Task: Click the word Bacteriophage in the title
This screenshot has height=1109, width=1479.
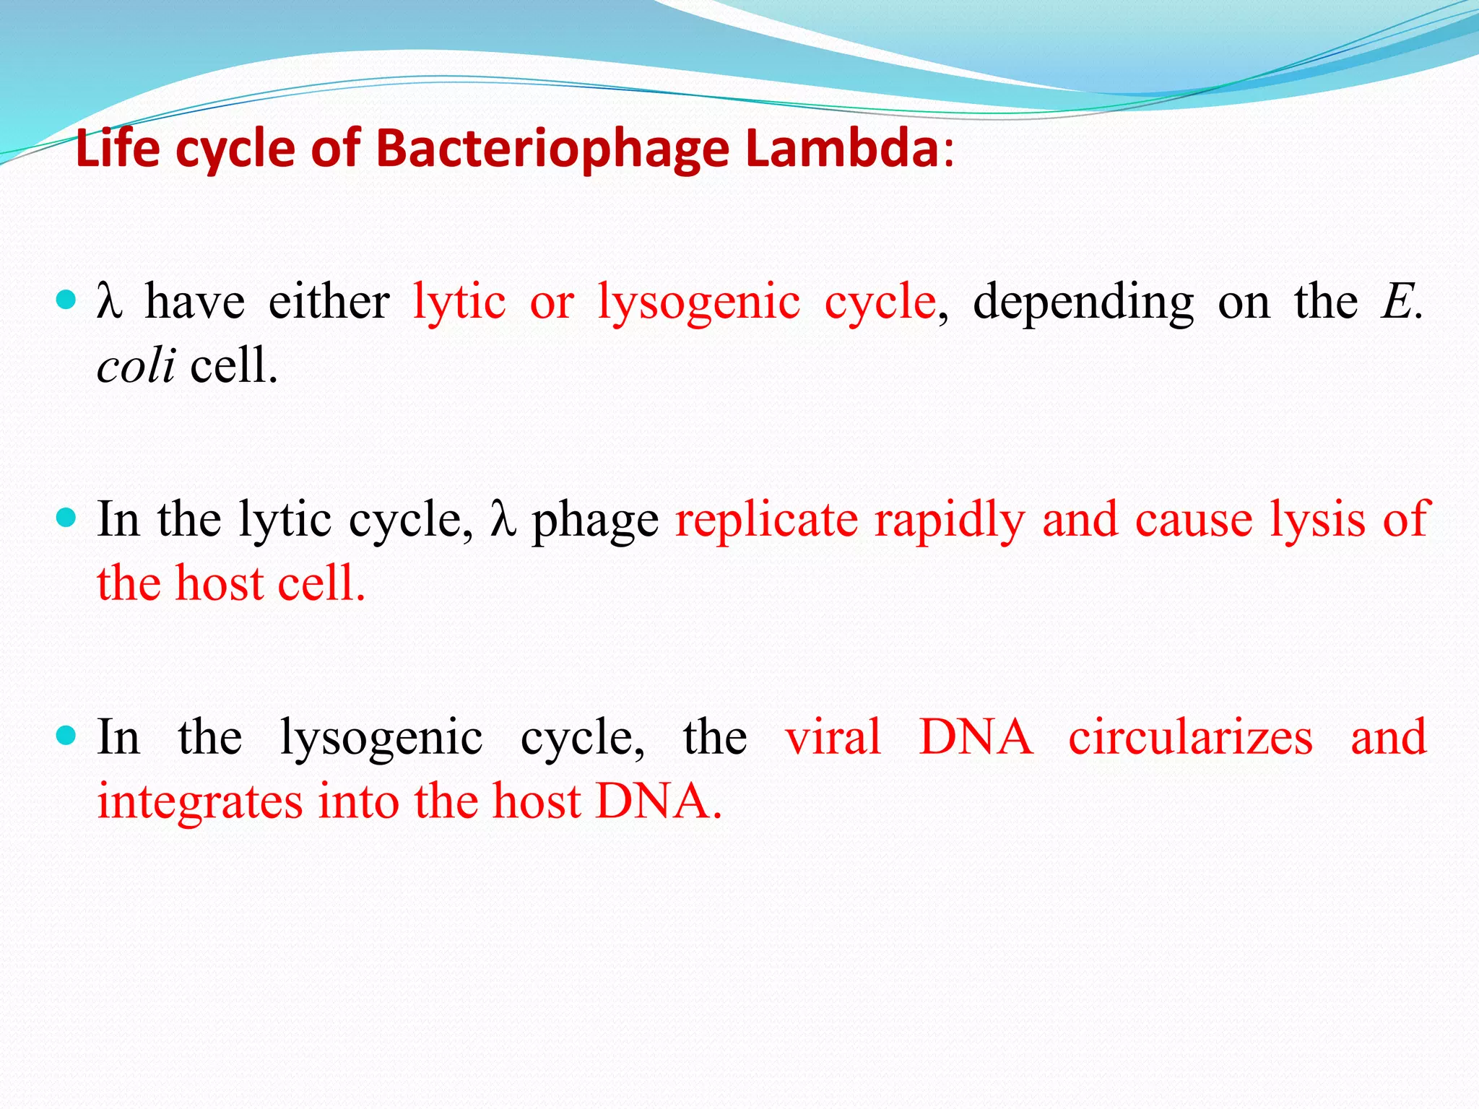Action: coord(552,150)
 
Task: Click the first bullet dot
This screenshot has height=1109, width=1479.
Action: coord(66,300)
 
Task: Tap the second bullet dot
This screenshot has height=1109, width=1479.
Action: coord(66,518)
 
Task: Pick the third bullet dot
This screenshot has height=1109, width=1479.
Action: coord(66,736)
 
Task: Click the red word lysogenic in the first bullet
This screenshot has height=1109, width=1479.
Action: coord(698,303)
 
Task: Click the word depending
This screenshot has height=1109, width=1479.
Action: coord(1083,303)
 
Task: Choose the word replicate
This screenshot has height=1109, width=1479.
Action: coord(766,521)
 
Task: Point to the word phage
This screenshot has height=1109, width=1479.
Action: coord(595,522)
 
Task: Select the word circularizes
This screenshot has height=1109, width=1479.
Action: coord(1190,737)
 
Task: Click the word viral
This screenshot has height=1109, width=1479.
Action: coord(833,737)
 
